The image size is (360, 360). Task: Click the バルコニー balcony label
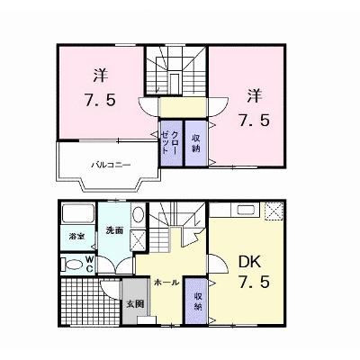click(111, 165)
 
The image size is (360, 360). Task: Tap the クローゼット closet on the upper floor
click(172, 143)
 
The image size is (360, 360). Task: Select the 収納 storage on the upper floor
click(196, 143)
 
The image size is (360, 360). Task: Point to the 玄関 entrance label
click(135, 304)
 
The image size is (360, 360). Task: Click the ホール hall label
click(166, 283)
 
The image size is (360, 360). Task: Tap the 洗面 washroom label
click(114, 230)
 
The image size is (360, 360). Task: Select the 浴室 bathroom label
click(76, 237)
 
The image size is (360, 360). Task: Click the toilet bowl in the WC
click(73, 265)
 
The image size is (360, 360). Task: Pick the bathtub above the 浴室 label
click(78, 212)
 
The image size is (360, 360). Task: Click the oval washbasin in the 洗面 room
click(138, 214)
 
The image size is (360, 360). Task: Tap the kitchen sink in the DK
click(247, 209)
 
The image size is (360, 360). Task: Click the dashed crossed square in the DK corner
click(274, 211)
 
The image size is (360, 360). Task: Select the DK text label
click(249, 262)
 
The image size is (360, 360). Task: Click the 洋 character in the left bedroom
click(100, 76)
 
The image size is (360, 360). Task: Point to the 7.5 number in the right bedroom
click(254, 121)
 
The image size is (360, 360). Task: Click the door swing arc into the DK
click(223, 261)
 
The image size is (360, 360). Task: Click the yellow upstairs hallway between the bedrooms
click(183, 107)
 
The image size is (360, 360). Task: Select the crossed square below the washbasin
click(138, 239)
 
